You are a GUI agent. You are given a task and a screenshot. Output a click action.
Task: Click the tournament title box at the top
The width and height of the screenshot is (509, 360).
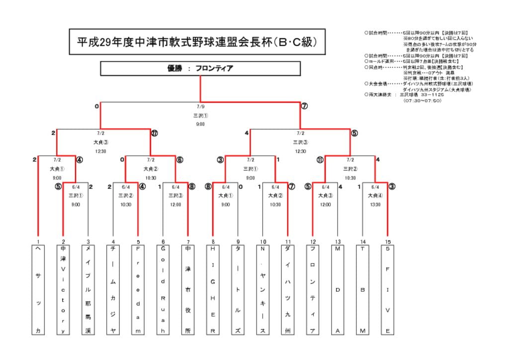pos(197,42)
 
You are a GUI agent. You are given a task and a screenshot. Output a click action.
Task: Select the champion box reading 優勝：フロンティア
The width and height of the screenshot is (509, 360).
pos(200,68)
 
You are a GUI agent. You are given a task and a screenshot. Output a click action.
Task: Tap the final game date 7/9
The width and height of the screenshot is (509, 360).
pos(200,106)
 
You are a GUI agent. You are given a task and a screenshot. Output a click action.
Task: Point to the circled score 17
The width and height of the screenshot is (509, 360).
pos(155,133)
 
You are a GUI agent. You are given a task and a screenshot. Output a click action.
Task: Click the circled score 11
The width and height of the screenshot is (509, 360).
pos(320,160)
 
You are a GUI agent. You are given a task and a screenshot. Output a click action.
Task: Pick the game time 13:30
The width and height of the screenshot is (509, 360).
pos(375,204)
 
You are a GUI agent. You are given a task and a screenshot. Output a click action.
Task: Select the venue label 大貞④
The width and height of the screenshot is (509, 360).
pos(375,195)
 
